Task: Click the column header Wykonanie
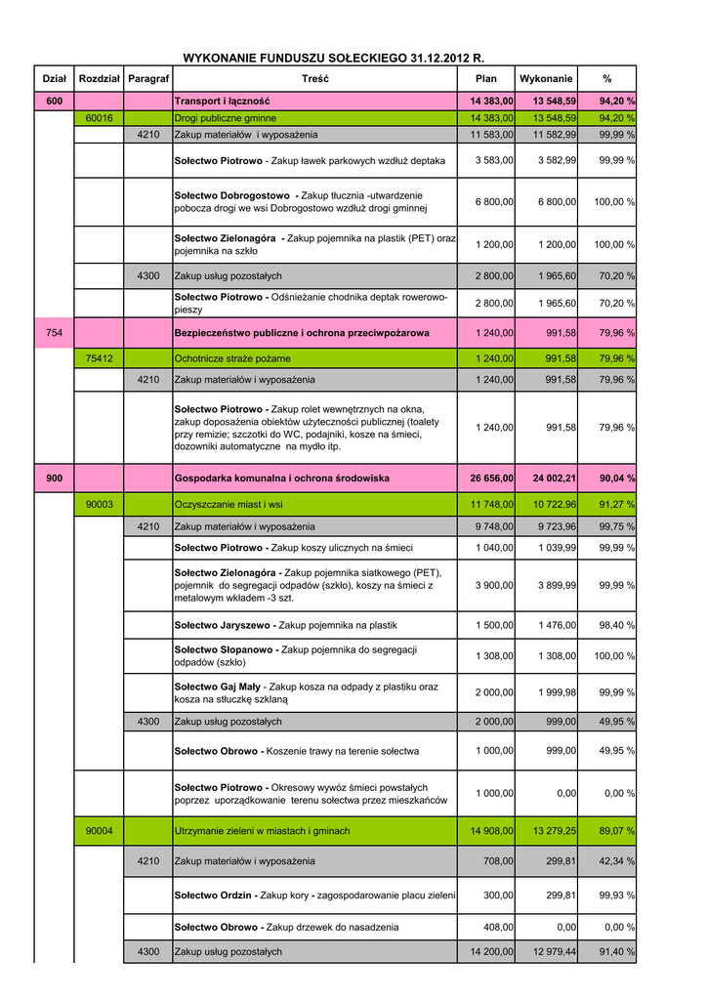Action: (x=547, y=78)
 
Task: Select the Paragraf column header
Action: (x=148, y=78)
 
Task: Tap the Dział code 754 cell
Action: (x=54, y=333)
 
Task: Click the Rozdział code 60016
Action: (x=99, y=118)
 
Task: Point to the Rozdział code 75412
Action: (x=99, y=358)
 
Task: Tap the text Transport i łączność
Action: (x=222, y=101)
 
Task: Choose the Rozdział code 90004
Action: (x=99, y=831)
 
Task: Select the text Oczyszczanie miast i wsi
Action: (x=229, y=504)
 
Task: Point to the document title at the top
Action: (x=334, y=59)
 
